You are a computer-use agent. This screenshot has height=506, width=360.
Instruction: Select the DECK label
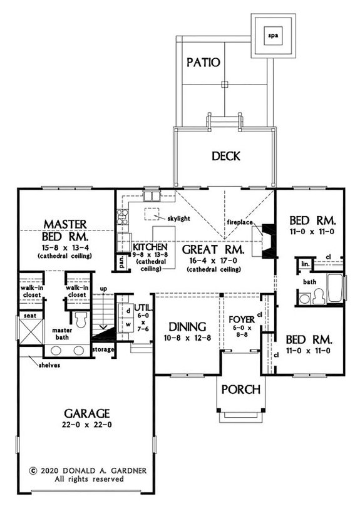pos(225,155)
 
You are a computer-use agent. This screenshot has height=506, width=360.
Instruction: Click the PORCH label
pos(242,390)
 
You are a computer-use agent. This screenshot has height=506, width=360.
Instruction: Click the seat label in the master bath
pos(29,316)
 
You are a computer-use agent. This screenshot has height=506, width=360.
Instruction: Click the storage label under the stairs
pos(120,348)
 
